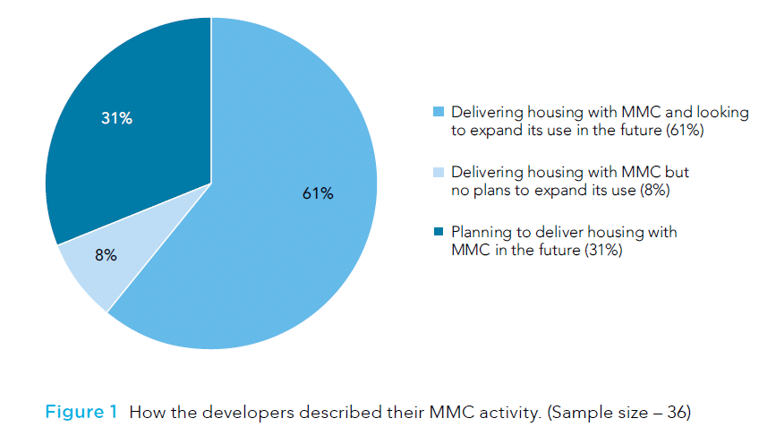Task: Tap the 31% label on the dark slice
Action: (116, 118)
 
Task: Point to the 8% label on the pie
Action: (105, 255)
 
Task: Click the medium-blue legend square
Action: (438, 113)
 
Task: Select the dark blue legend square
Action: (438, 233)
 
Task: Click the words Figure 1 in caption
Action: (81, 413)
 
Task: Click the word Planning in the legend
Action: (480, 233)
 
